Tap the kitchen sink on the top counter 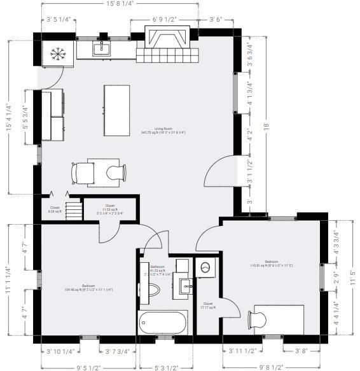(101, 48)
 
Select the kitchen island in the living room (117, 110)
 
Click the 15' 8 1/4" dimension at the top (120, 4)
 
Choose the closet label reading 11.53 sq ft (109, 208)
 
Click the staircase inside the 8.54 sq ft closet (75, 209)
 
